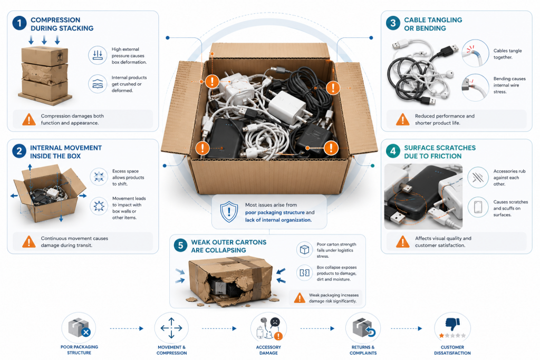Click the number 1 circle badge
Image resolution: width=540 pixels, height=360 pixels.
(20, 23)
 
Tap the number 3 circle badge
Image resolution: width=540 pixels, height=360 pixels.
(393, 23)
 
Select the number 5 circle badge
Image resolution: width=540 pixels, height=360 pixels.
(180, 246)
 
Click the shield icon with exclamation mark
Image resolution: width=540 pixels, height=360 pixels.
(229, 212)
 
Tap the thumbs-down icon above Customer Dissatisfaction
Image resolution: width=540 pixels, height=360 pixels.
(452, 324)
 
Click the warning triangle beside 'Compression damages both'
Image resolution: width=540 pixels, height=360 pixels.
(29, 120)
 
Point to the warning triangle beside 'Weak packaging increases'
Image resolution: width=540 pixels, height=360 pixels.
(300, 298)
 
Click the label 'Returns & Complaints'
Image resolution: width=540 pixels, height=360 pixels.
(363, 350)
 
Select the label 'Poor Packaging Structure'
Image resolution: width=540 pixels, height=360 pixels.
(79, 349)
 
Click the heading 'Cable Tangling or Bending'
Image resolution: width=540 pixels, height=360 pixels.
(433, 24)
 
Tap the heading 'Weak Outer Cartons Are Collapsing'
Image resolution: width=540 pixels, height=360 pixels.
(229, 246)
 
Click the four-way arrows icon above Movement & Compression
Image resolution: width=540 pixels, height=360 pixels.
(171, 328)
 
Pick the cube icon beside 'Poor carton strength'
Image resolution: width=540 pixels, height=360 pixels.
(304, 249)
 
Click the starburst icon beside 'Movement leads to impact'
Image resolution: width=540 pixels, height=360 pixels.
(99, 206)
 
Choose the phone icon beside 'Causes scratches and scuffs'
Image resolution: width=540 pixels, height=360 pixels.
(478, 207)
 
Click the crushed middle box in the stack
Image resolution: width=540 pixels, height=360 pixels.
(45, 73)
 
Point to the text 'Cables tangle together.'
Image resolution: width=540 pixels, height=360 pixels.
(507, 54)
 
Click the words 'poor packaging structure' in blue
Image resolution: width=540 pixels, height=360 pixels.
(275, 212)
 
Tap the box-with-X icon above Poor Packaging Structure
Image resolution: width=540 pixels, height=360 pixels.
(79, 327)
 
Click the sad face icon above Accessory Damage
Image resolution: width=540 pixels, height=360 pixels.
(275, 322)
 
